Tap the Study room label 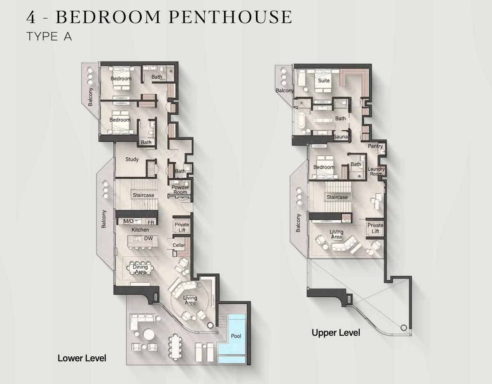coord(132,159)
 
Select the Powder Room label coord(180,190)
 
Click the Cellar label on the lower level coord(178,245)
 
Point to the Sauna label coord(340,137)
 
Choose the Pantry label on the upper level coord(375,146)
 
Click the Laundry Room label coord(376,171)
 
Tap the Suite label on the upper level coord(324,81)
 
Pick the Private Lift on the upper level coord(375,228)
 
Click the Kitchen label coord(140,229)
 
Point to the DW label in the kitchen coord(148,239)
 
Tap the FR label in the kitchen coord(151,222)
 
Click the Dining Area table coord(140,269)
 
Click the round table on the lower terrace coord(149,334)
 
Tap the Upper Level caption coord(336,332)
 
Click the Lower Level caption coord(82,358)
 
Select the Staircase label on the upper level coord(337,197)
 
